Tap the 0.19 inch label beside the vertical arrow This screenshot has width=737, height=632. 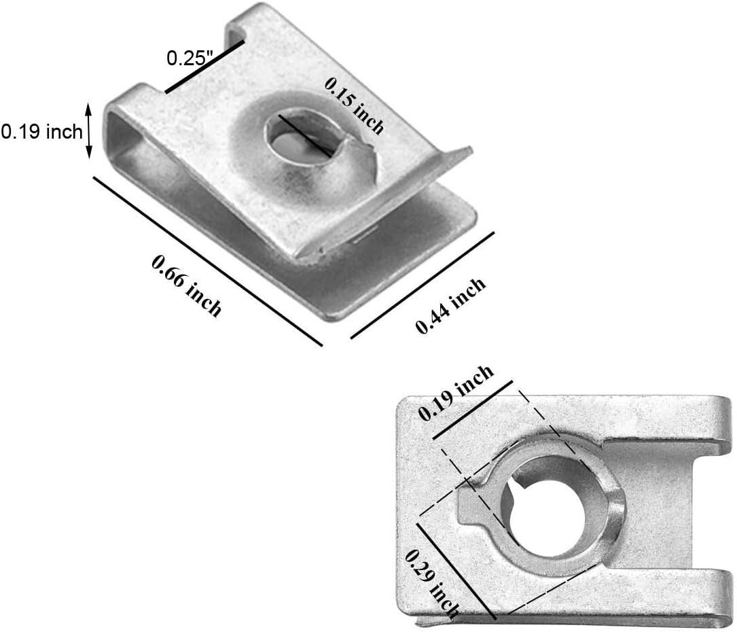41,131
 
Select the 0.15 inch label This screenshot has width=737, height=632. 354,105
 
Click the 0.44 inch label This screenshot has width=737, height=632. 451,306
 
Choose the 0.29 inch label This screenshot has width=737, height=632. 433,582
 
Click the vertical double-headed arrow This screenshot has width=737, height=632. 88,130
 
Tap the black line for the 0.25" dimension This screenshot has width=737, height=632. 204,67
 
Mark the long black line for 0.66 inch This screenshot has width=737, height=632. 207,262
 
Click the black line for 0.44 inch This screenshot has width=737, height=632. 422,285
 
